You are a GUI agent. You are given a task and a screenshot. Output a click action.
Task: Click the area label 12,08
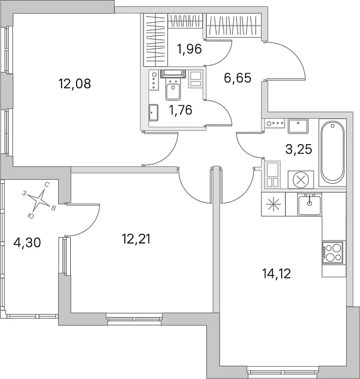tap(74, 84)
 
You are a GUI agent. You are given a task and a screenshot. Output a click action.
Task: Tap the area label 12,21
tap(136, 239)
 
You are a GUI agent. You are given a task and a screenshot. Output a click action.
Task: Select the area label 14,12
tap(276, 274)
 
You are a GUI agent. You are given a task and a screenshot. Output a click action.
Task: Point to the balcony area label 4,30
tap(27, 242)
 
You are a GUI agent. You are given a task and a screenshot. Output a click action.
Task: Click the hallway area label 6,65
tap(237, 78)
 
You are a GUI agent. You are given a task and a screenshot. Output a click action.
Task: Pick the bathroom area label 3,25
tap(298, 149)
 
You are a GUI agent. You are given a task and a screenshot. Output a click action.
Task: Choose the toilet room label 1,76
tap(181, 110)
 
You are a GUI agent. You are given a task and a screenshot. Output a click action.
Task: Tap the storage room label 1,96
tap(189, 49)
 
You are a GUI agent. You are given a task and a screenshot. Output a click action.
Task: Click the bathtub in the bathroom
tap(333, 152)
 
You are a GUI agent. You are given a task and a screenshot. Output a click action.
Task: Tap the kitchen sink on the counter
tap(309, 204)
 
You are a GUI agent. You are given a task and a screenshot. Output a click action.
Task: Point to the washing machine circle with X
tap(301, 180)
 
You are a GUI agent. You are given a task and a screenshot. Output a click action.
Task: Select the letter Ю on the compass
tap(31, 216)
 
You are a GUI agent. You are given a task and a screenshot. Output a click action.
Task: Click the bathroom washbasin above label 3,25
tap(298, 126)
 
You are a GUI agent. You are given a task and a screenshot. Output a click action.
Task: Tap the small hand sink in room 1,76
tap(153, 112)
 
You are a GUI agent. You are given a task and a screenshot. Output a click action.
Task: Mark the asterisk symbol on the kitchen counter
tap(273, 204)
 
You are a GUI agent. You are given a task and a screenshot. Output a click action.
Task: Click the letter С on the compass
tap(48, 185)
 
